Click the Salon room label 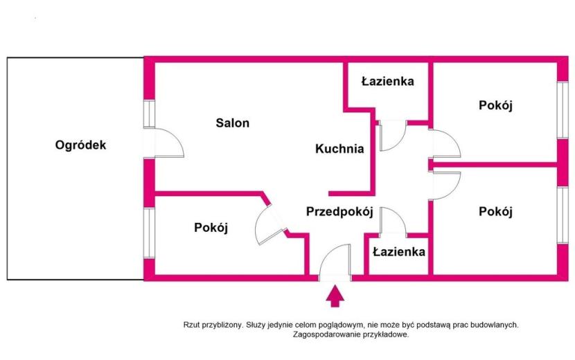click(x=233, y=123)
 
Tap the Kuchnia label click(x=339, y=149)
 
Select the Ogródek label click(x=80, y=145)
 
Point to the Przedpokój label click(x=339, y=212)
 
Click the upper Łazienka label click(x=388, y=81)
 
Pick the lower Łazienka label click(x=399, y=252)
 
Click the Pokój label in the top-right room click(x=495, y=106)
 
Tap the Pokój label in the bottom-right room click(x=495, y=212)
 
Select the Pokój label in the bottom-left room click(x=211, y=228)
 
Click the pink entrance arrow click(x=335, y=296)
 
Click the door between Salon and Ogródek click(x=168, y=143)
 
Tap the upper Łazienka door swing click(x=393, y=136)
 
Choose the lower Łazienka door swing click(x=393, y=220)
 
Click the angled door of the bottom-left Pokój click(x=269, y=225)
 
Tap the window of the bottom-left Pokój click(x=149, y=233)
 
